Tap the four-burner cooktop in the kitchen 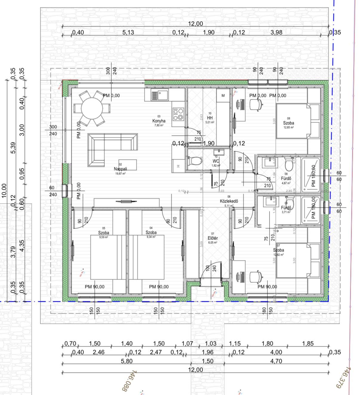178,114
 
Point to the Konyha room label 159,121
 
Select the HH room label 210,118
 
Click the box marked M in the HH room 223,95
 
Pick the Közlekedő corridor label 229,201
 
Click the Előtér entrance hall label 213,238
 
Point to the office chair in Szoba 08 256,104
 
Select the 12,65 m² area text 289,127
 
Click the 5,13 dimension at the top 128,32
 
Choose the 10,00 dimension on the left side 4,190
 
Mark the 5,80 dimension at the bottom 127,361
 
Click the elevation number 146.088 129,381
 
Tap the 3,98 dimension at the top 276,32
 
